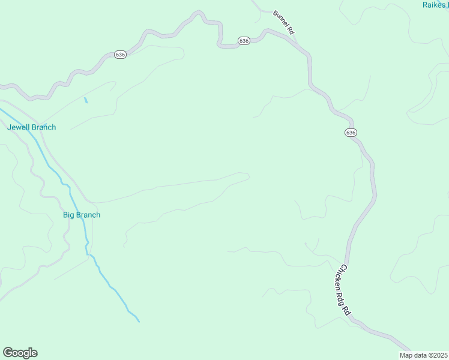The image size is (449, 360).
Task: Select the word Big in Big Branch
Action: point(69,215)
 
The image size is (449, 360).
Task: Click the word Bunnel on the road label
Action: point(280,19)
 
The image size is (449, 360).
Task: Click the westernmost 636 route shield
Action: point(120,55)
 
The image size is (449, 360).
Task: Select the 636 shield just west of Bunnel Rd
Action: point(243,41)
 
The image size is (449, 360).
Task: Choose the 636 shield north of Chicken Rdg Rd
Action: point(351,132)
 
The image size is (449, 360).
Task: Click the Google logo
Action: point(20,353)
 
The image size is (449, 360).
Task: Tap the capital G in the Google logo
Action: point(8,352)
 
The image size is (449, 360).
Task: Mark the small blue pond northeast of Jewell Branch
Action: point(86,100)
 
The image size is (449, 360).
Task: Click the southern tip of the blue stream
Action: point(139,322)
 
